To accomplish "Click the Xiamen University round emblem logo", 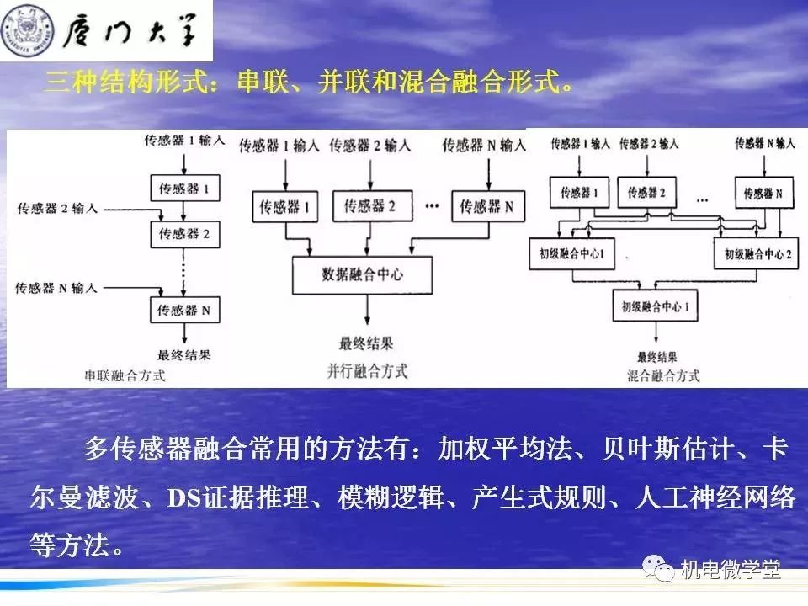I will [28, 31].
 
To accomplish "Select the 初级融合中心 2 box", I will [753, 252].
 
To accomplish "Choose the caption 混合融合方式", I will [663, 376].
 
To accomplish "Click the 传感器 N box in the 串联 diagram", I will [184, 311].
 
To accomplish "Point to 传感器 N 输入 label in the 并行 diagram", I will [483, 146].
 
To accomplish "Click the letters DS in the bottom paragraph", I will [182, 497].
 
